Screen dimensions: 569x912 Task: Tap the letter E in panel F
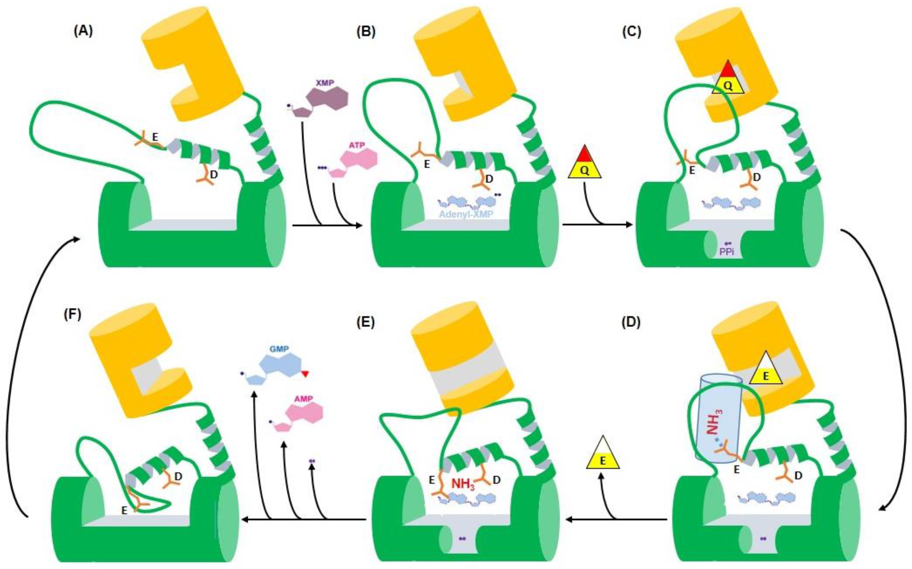[124, 510]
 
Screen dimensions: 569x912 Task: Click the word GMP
[279, 349]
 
